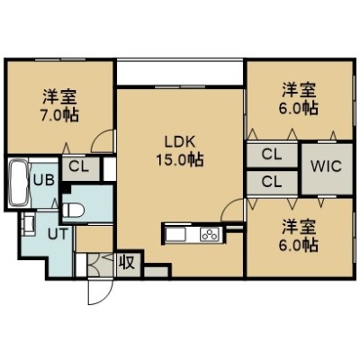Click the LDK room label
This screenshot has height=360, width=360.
pyautogui.click(x=180, y=142)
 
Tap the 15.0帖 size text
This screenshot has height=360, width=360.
pyautogui.click(x=180, y=159)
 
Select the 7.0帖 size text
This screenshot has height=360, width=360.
pyautogui.click(x=59, y=114)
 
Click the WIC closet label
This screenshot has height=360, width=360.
pyautogui.click(x=326, y=166)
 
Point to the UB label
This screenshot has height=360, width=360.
pyautogui.click(x=43, y=181)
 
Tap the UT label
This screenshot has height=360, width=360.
pyautogui.click(x=58, y=234)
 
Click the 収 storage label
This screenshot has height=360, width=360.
pyautogui.click(x=128, y=264)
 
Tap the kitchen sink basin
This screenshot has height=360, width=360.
pyautogui.click(x=176, y=234)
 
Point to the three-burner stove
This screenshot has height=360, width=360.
pyautogui.click(x=211, y=234)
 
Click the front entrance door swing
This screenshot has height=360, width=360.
pyautogui.click(x=95, y=293)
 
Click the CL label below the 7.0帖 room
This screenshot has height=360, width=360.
pyautogui.click(x=79, y=167)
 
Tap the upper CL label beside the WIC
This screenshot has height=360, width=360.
pyautogui.click(x=272, y=155)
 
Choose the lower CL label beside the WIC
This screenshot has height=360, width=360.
pyautogui.click(x=272, y=182)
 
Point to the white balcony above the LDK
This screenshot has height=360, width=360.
pyautogui.click(x=179, y=73)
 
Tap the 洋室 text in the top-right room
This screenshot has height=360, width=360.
pyautogui.click(x=299, y=91)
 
